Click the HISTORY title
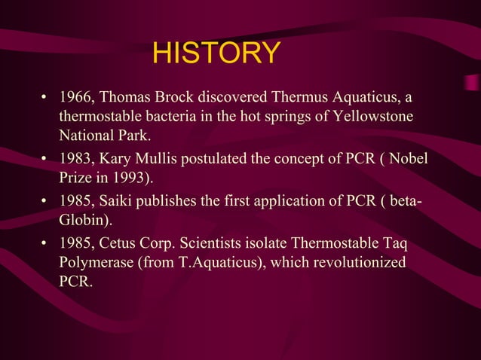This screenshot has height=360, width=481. [216, 54]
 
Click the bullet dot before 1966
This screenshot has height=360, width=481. [45, 99]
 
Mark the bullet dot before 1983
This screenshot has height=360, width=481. [45, 160]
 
